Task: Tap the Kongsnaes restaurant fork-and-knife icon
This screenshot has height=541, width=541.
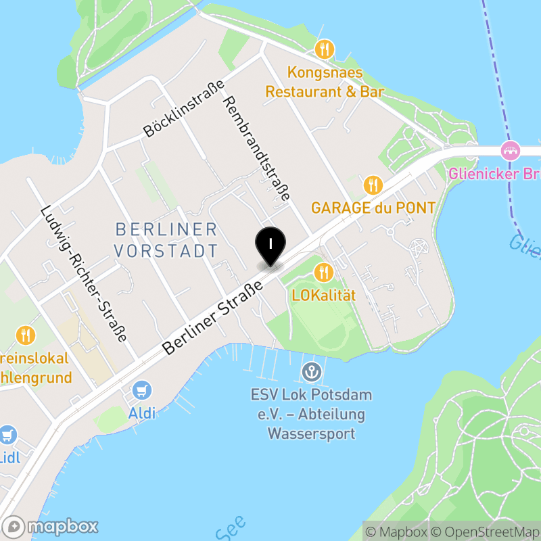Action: click(x=325, y=49)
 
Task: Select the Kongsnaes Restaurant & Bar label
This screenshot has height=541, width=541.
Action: click(x=325, y=82)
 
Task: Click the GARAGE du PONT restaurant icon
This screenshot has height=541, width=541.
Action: click(x=372, y=184)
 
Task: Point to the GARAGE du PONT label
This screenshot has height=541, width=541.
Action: click(x=373, y=208)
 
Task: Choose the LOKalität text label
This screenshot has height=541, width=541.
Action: click(x=324, y=295)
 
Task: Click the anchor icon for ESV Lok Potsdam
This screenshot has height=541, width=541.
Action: click(x=311, y=371)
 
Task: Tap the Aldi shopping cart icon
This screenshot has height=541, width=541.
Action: click(x=142, y=390)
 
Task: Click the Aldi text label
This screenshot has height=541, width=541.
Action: click(x=141, y=413)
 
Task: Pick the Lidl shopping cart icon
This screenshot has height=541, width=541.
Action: click(x=7, y=434)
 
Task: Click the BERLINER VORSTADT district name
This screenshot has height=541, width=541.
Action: click(x=166, y=239)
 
